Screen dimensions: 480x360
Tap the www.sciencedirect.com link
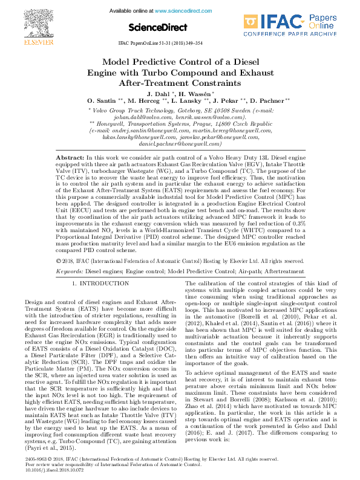pyautogui.click(x=178, y=11)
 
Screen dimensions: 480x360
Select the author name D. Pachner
pyautogui.click(x=270, y=100)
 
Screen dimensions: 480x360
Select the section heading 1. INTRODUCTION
pyautogui.click(x=96, y=283)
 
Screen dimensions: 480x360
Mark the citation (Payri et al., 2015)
pyautogui.click(x=53, y=431)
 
